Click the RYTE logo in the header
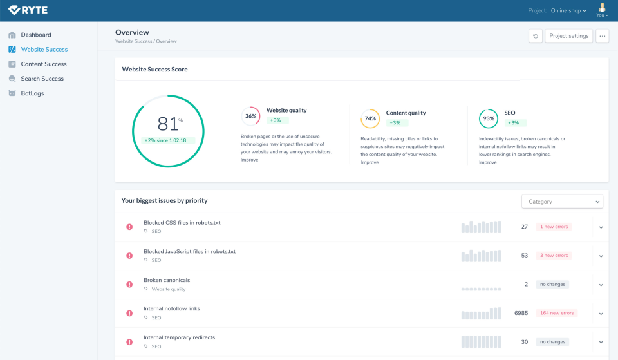[x=28, y=10]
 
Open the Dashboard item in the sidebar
[x=35, y=35]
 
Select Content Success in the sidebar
[x=43, y=64]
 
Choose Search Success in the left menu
[x=42, y=79]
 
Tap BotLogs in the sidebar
[x=32, y=93]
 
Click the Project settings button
[x=569, y=36]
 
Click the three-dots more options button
[x=603, y=36]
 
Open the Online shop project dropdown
[x=568, y=11]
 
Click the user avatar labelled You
[x=602, y=10]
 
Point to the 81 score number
[x=167, y=124]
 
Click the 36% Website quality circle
[x=251, y=117]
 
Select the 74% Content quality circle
[x=370, y=118]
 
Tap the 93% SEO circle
[x=489, y=118]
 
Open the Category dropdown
[x=562, y=202]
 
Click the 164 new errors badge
[x=557, y=313]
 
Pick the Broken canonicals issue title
[x=167, y=280]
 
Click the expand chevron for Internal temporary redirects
[x=601, y=342]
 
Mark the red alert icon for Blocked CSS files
[x=129, y=227]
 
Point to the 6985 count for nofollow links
[x=521, y=313]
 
